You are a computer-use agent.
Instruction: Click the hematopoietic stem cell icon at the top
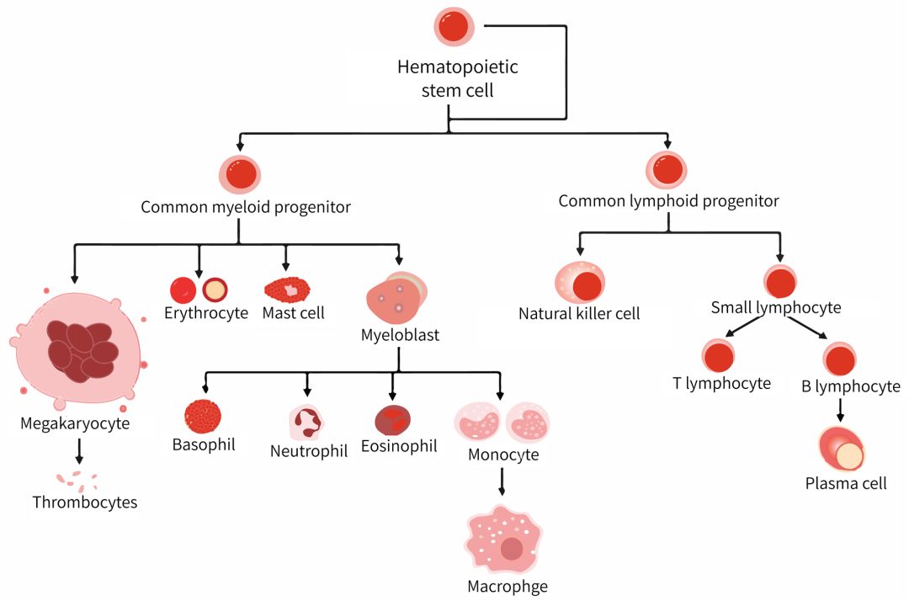click(x=455, y=27)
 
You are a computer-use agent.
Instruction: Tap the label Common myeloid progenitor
click(x=246, y=206)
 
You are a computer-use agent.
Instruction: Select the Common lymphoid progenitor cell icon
click(x=667, y=168)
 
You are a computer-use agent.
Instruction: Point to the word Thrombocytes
click(x=85, y=503)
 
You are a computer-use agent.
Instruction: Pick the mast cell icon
click(x=287, y=290)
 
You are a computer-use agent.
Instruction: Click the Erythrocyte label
click(x=206, y=313)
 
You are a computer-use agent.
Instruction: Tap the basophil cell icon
click(x=203, y=416)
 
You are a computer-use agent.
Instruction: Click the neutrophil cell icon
click(x=306, y=422)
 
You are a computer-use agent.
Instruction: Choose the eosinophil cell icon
click(x=393, y=419)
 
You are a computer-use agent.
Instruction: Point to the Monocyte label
click(x=503, y=455)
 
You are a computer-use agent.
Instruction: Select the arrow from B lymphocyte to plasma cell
click(x=840, y=410)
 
